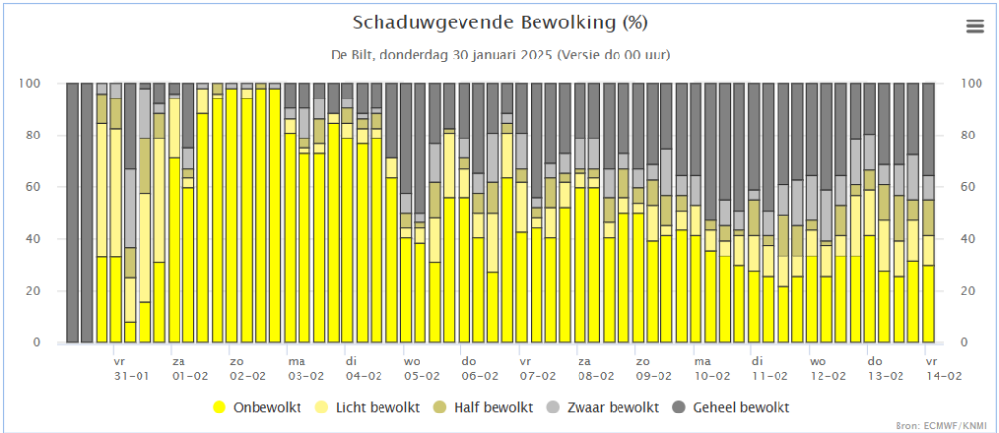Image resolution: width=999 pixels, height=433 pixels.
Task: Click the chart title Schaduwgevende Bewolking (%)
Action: [x=499, y=21]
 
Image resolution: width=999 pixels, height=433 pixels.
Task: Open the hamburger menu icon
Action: [x=976, y=26]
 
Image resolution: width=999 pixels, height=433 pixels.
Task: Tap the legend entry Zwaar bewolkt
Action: [x=611, y=407]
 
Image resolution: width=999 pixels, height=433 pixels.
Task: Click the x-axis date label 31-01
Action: [x=130, y=375]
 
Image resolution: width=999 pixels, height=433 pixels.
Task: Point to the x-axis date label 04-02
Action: [x=364, y=375]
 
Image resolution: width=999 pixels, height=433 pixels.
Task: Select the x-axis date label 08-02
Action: [x=595, y=375]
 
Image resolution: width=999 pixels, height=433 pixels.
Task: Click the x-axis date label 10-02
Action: [x=711, y=375]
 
